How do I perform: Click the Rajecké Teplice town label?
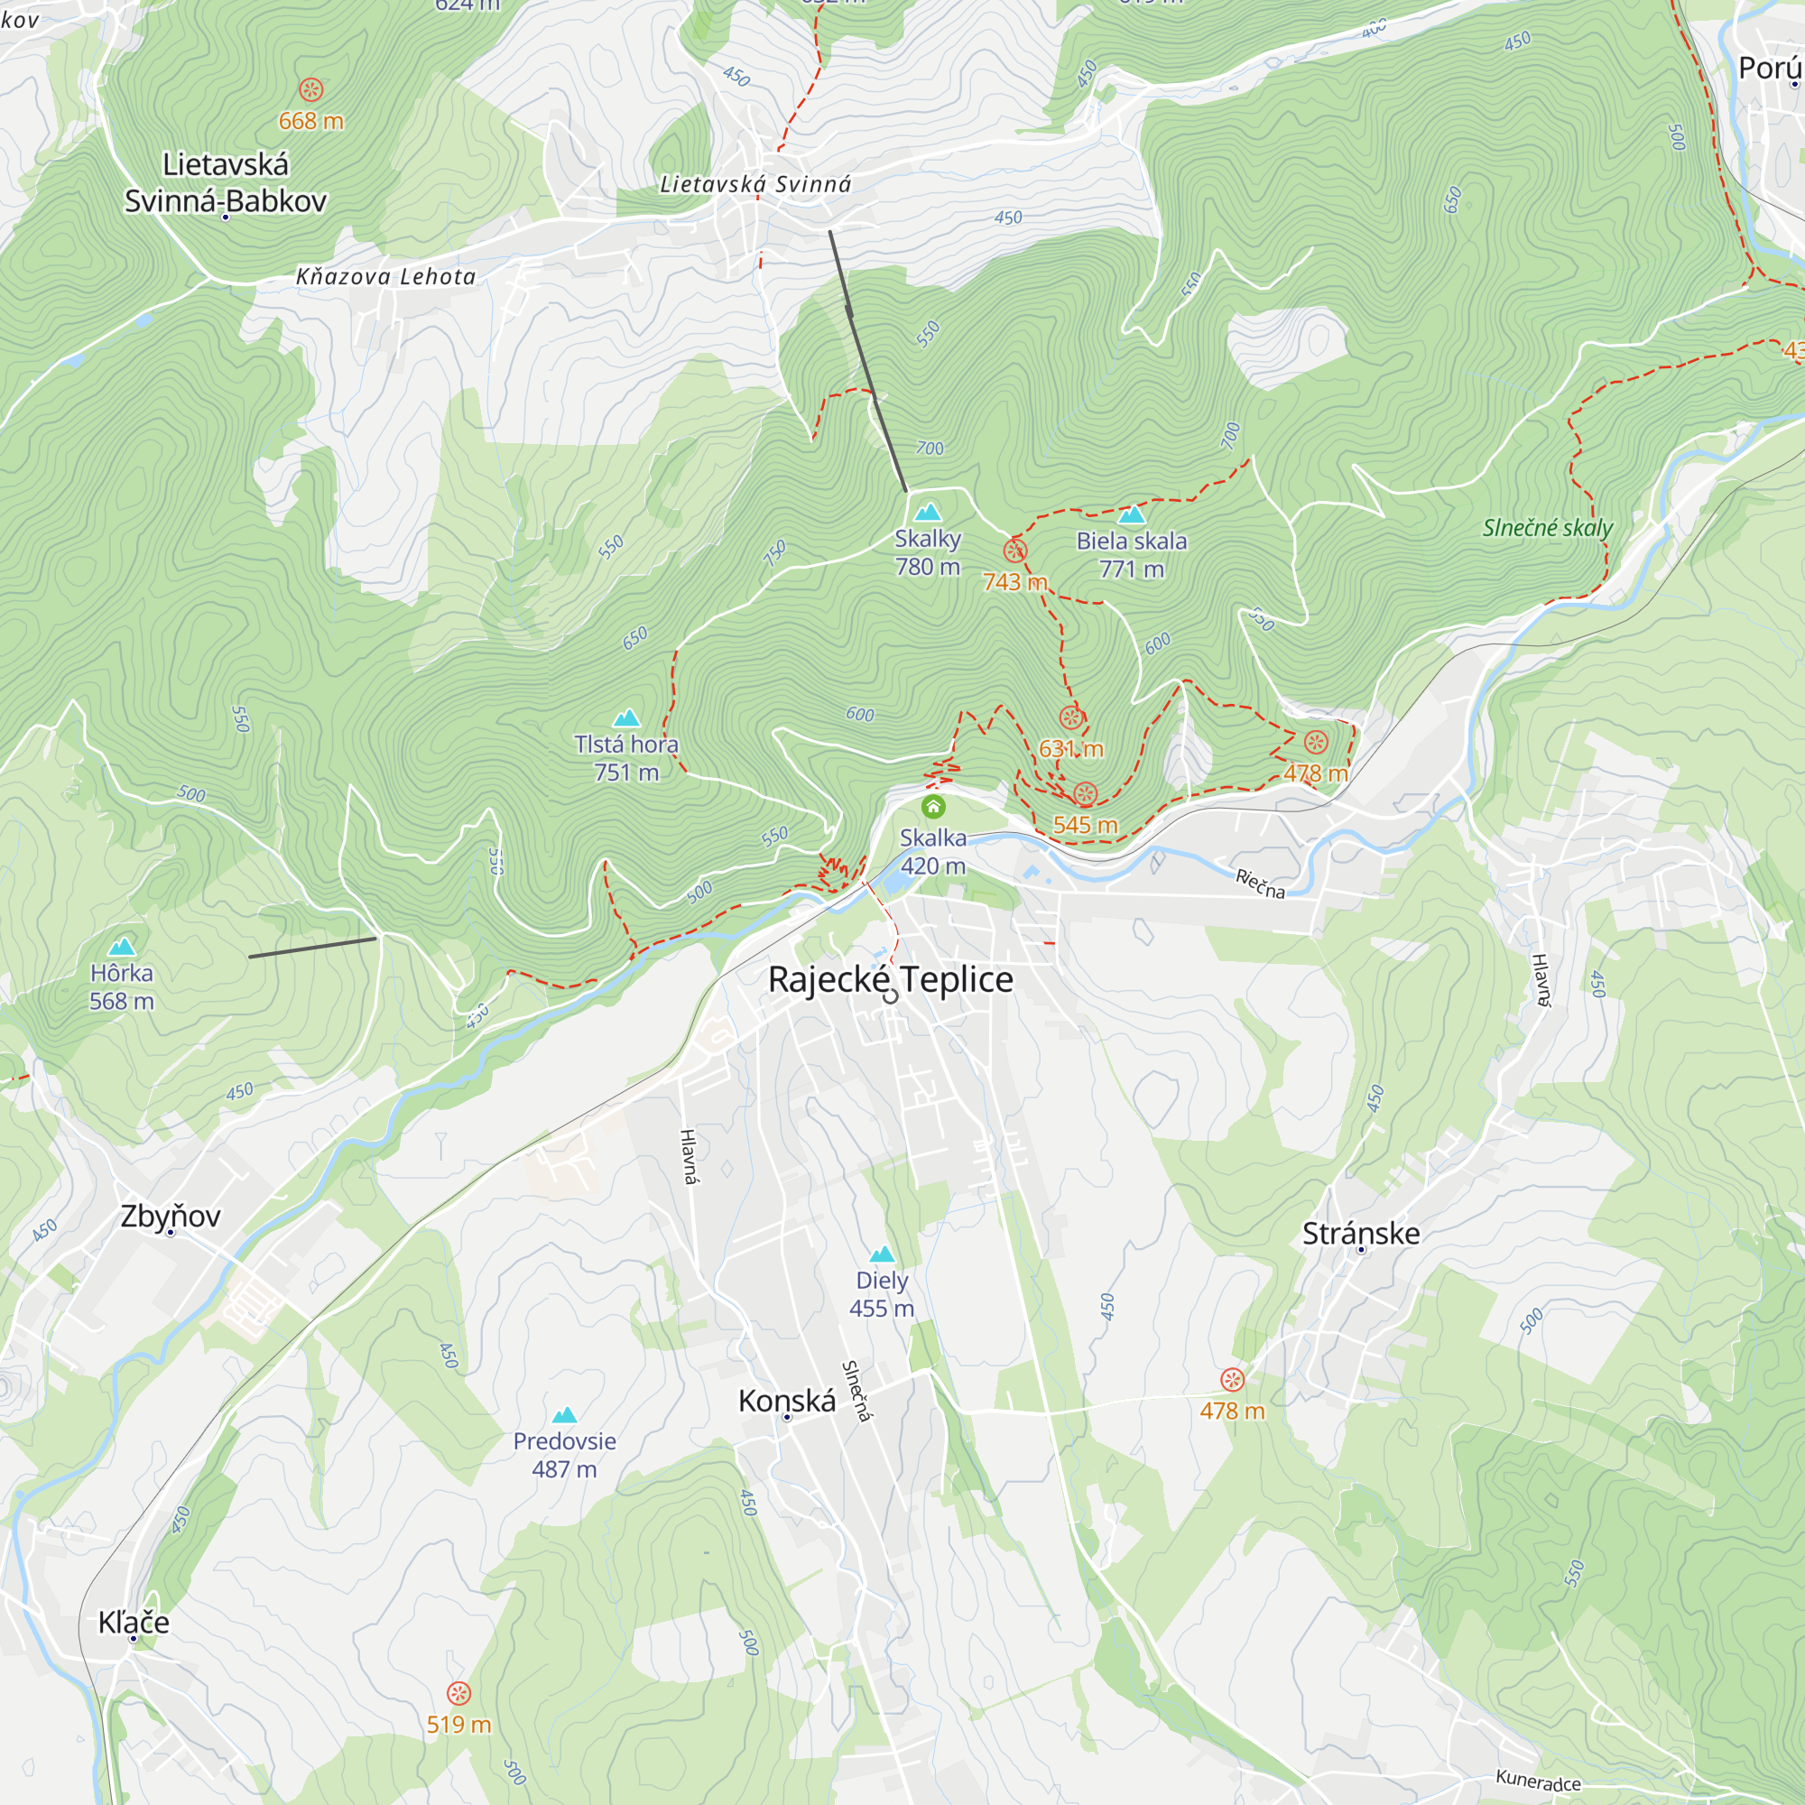click(891, 979)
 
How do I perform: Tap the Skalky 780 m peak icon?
click(927, 512)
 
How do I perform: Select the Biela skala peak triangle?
click(1132, 514)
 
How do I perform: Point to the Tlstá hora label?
click(626, 744)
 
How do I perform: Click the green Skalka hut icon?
click(932, 806)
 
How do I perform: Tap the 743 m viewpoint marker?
click(1014, 551)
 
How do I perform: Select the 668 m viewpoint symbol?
click(311, 89)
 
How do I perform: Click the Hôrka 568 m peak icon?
click(122, 947)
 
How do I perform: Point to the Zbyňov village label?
click(170, 1216)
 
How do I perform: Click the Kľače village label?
click(134, 1622)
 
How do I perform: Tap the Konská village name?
click(787, 1401)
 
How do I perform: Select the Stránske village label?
click(1360, 1233)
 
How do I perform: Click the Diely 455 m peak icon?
click(881, 1254)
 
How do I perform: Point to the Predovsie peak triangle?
click(564, 1414)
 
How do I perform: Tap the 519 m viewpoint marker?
click(458, 1693)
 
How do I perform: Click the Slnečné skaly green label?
click(1547, 528)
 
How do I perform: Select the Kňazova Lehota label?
click(386, 276)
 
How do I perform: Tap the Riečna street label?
click(1259, 883)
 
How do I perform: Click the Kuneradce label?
click(1538, 1782)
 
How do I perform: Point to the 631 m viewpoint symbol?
click(1070, 717)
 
